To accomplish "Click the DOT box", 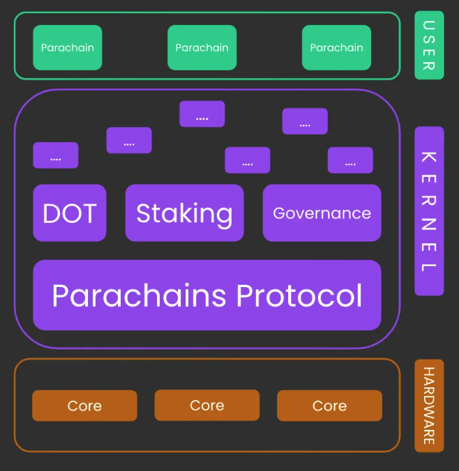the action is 70,213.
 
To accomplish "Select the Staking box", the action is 184,213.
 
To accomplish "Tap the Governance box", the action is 322,213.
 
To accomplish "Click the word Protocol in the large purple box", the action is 299,295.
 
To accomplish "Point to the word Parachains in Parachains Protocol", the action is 139,295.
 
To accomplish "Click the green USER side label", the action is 429,45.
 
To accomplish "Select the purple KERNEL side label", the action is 429,211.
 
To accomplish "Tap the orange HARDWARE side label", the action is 429,406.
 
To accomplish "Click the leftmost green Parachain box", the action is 68,47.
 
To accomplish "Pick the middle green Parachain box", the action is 202,47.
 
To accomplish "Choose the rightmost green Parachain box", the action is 336,47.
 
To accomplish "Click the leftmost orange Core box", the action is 84,406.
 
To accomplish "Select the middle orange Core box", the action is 207,406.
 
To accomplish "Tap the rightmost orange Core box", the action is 329,406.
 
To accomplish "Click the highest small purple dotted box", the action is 202,114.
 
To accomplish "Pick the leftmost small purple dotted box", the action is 56,155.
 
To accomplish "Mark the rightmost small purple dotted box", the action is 350,160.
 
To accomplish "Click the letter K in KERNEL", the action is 429,157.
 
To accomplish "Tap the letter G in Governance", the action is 279,213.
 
